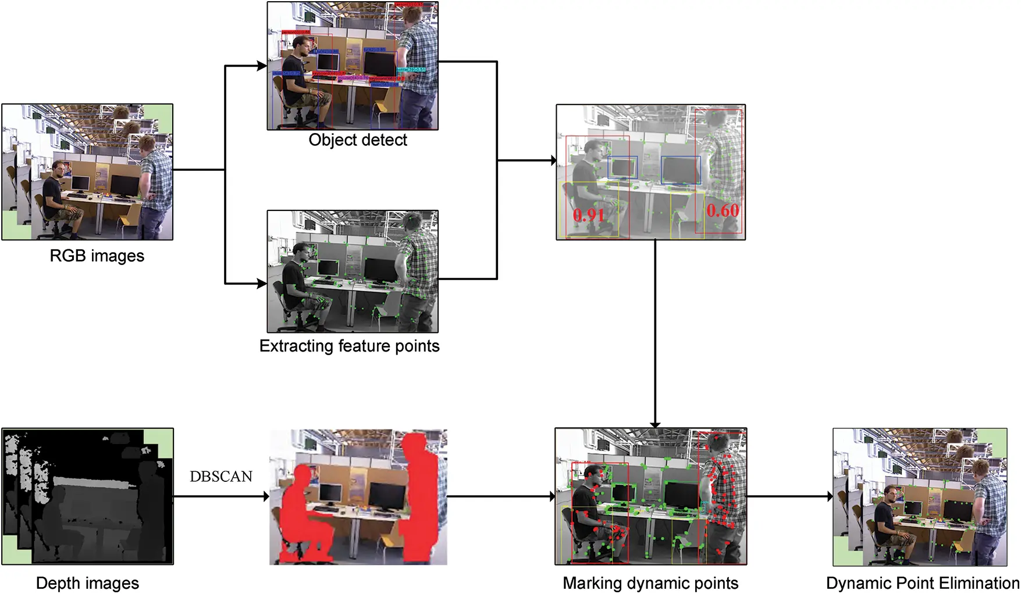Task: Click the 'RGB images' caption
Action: click(97, 256)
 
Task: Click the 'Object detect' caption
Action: click(358, 140)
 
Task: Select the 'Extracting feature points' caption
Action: click(349, 346)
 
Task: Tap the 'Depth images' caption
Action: click(87, 583)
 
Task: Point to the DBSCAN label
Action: click(221, 477)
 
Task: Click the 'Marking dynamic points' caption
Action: click(650, 583)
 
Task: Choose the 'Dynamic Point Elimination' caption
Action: click(922, 583)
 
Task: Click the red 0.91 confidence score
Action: click(589, 216)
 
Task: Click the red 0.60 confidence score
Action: click(723, 210)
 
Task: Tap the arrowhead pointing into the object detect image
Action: click(262, 66)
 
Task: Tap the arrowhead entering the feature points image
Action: click(262, 284)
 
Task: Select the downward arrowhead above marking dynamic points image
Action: click(655, 425)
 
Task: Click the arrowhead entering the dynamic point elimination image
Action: click(830, 496)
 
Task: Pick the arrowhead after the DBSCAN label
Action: click(266, 496)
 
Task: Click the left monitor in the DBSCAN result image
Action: click(330, 493)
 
